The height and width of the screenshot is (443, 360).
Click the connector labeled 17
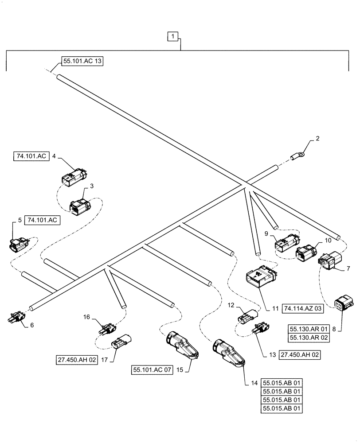click(x=120, y=343)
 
